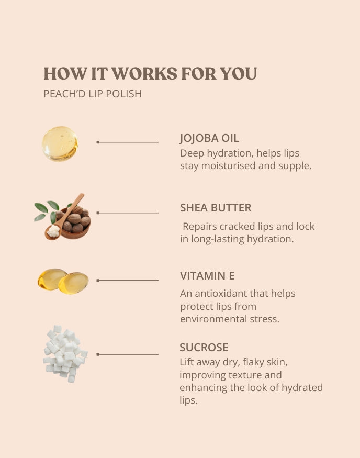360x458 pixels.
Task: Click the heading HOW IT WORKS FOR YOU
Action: pyautogui.click(x=150, y=73)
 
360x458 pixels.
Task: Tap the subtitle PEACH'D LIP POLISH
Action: pyautogui.click(x=93, y=94)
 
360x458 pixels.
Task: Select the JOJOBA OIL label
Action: pyautogui.click(x=209, y=138)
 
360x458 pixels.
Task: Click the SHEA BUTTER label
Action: pyautogui.click(x=216, y=208)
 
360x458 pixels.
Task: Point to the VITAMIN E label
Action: pyautogui.click(x=207, y=276)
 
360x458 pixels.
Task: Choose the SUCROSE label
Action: pyautogui.click(x=204, y=348)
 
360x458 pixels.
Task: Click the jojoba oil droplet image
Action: pyautogui.click(x=60, y=144)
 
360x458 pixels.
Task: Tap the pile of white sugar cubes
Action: pyautogui.click(x=65, y=354)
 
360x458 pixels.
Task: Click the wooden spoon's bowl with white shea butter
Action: pyautogui.click(x=53, y=232)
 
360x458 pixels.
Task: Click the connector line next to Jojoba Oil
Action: pyautogui.click(x=127, y=142)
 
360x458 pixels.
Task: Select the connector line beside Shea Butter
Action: pyautogui.click(x=127, y=213)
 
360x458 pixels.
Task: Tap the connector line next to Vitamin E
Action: pyautogui.click(x=127, y=281)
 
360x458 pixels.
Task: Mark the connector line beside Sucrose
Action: pyautogui.click(x=127, y=354)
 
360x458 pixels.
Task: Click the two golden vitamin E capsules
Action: pyautogui.click(x=63, y=281)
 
